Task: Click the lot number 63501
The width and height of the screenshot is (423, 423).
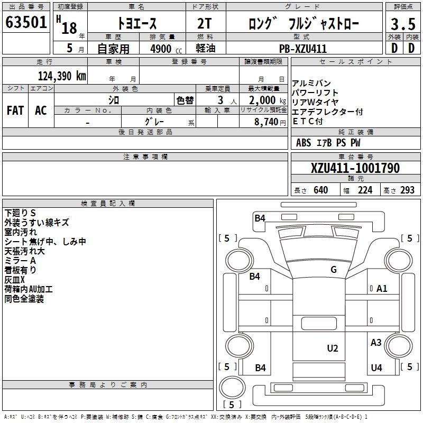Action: tap(26, 22)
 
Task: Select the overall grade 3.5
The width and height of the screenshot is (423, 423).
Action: tap(403, 24)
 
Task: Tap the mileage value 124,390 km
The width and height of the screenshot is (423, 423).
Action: tap(62, 76)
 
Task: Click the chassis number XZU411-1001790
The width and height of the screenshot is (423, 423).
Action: tap(355, 168)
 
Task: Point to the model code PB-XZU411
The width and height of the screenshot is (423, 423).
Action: tap(303, 49)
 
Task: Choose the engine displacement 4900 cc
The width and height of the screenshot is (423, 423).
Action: tap(166, 49)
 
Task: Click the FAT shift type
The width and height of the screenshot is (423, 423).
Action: tap(15, 110)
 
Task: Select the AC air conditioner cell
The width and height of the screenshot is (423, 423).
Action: tap(41, 110)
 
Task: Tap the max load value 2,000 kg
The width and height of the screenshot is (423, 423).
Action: tap(267, 100)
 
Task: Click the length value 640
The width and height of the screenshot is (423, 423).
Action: tap(321, 190)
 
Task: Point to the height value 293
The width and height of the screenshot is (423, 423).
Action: tap(407, 190)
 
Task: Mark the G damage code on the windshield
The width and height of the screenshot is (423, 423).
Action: tap(334, 270)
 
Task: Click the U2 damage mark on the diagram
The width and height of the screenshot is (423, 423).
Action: tap(333, 348)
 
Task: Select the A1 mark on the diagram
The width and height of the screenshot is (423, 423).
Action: tap(382, 289)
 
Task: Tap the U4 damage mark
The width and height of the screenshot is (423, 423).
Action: tap(376, 367)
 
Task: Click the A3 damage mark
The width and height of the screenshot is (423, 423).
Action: tap(376, 343)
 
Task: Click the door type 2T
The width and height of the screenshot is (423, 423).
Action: tap(204, 24)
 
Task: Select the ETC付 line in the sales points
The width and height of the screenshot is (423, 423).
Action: tap(308, 122)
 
